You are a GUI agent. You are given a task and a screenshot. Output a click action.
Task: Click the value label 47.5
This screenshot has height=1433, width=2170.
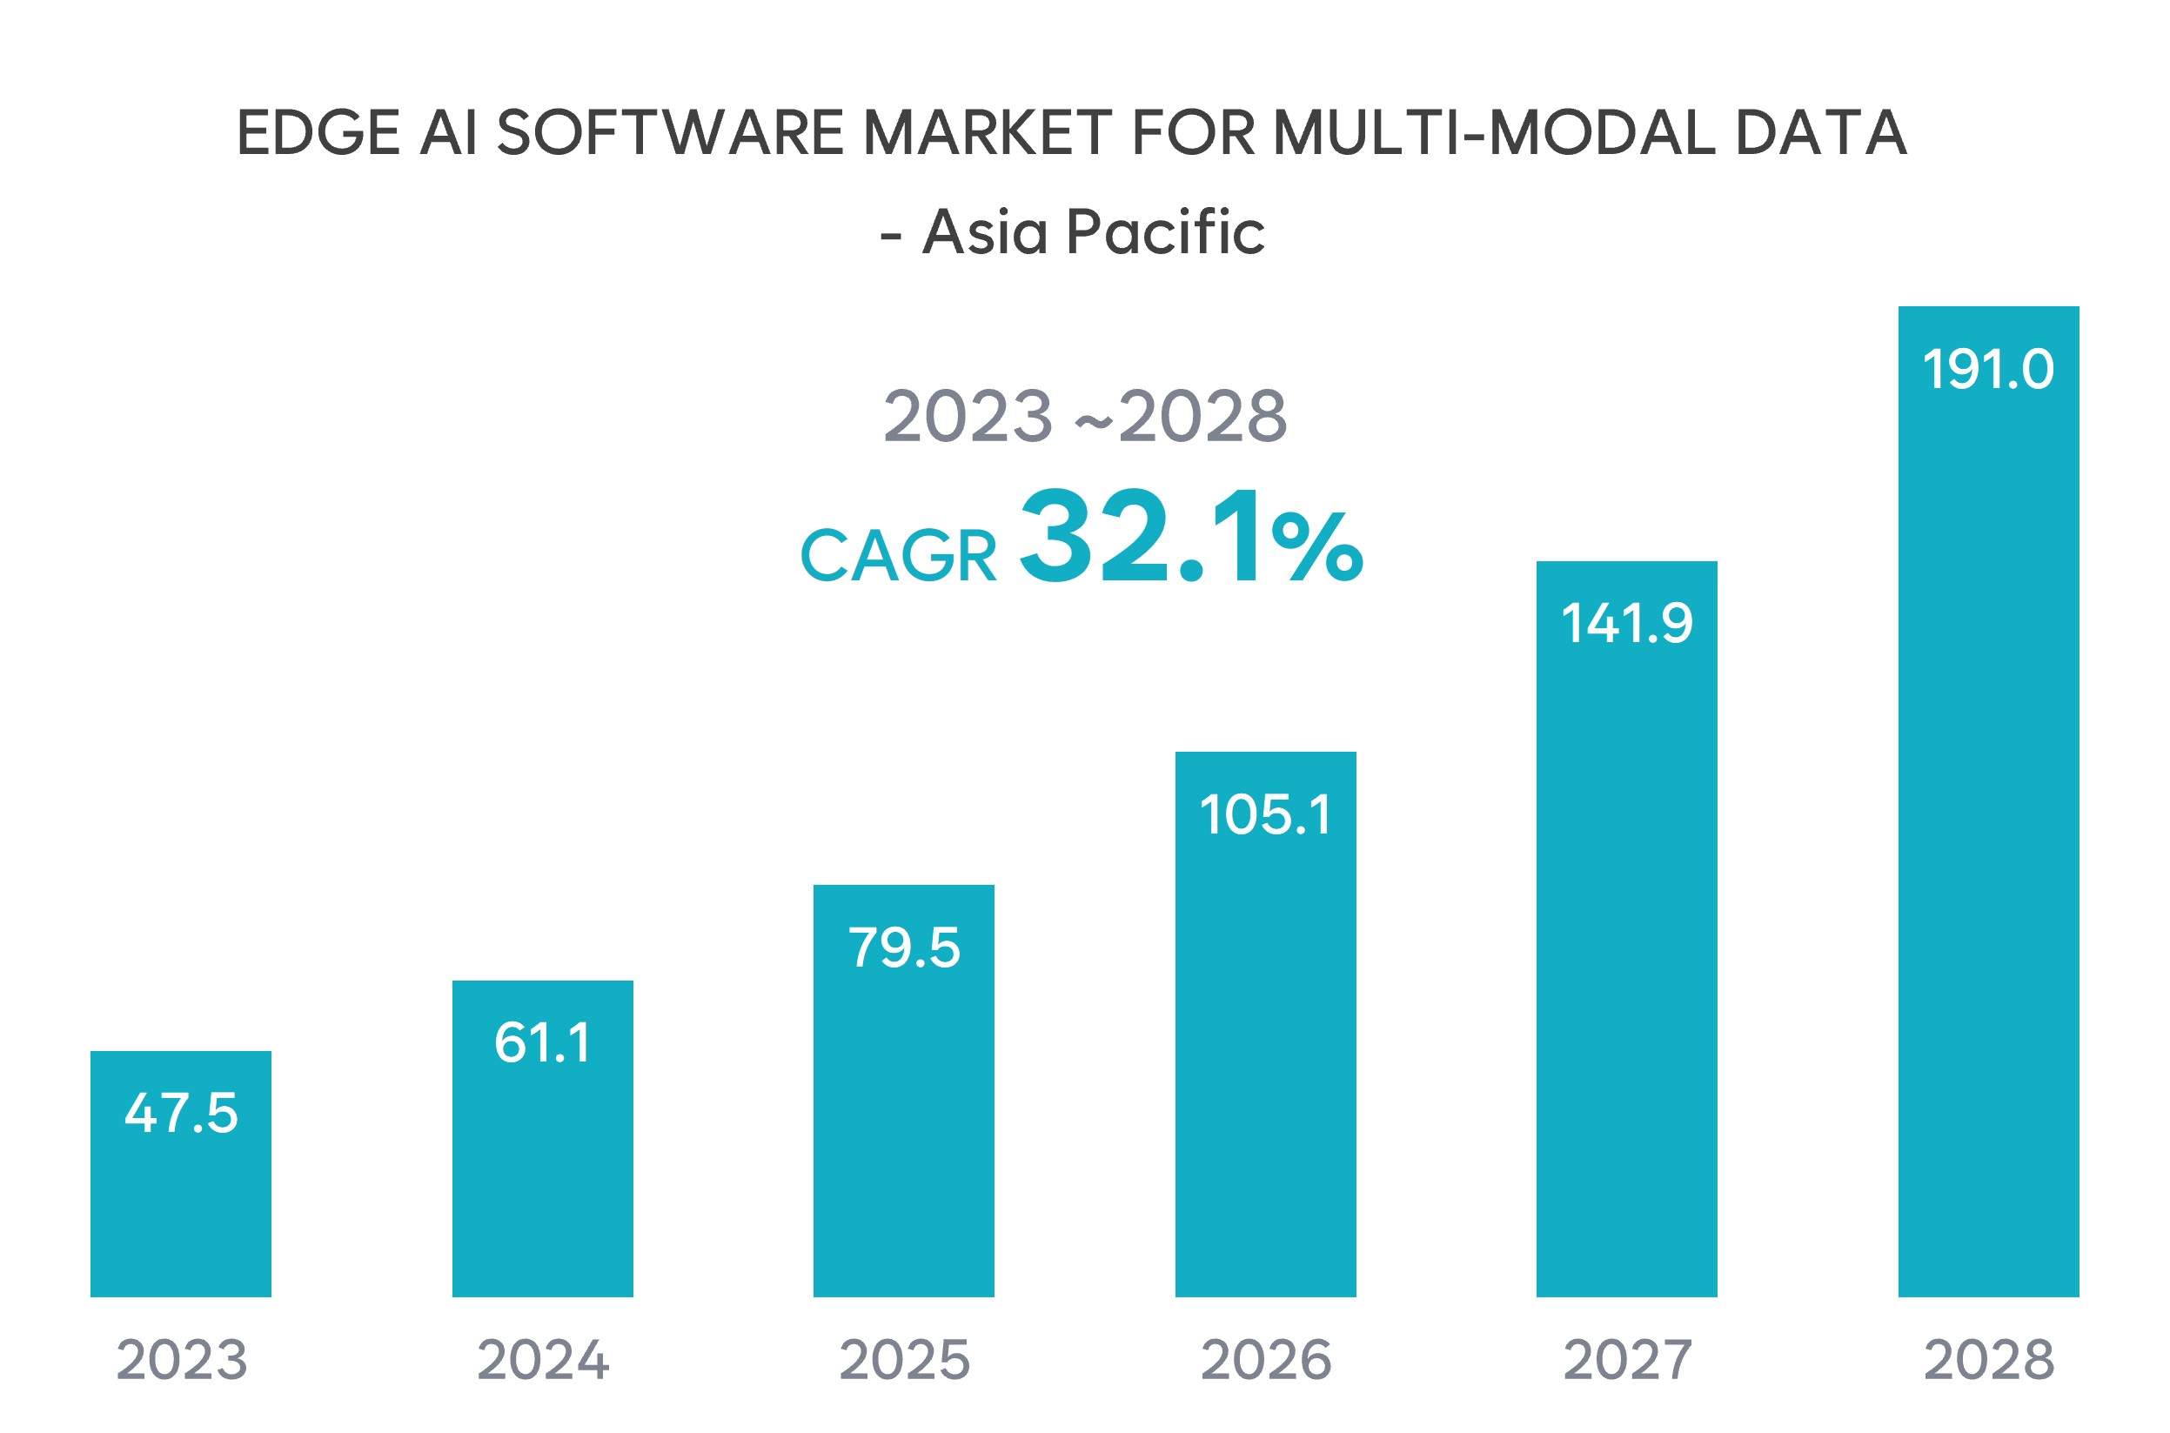click(181, 1113)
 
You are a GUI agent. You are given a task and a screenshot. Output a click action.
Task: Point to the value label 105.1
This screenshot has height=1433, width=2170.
click(1264, 814)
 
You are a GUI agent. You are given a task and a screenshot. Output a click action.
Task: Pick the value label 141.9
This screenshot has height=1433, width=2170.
click(1626, 623)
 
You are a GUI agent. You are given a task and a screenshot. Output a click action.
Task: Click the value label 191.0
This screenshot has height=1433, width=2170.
click(1988, 369)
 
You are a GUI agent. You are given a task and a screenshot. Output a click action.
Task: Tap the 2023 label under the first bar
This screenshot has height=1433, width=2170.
click(181, 1360)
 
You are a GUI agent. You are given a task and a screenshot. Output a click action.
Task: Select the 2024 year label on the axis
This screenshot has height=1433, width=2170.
click(543, 1360)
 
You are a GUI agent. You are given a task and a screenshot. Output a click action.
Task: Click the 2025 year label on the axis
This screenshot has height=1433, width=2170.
click(904, 1360)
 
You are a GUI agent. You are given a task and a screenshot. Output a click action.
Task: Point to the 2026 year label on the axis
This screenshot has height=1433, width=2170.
click(1264, 1360)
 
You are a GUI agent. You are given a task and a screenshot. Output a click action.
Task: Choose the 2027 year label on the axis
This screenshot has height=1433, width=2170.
click(1626, 1360)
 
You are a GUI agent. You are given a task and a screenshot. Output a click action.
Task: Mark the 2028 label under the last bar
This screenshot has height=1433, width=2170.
click(1988, 1360)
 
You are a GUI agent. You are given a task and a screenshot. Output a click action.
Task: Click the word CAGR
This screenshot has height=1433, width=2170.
click(898, 556)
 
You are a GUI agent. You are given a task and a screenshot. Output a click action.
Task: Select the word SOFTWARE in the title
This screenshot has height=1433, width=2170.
click(669, 133)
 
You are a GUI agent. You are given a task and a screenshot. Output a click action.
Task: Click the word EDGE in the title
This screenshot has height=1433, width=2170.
click(318, 133)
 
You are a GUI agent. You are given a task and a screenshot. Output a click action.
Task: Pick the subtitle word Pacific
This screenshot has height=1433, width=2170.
click(1165, 232)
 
